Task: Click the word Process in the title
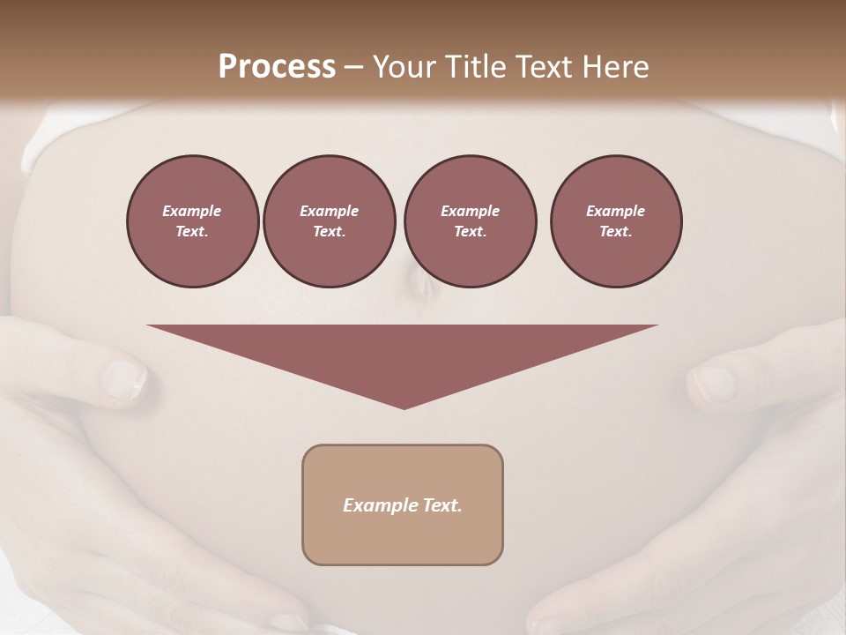coord(277,67)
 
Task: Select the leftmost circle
coord(192,220)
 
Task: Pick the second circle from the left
coord(329,220)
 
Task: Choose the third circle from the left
coord(470,220)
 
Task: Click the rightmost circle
coord(615,220)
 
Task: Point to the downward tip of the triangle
coord(404,407)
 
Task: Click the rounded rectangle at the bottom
coord(403,538)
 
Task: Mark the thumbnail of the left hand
coord(123,379)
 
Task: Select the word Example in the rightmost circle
coord(615,211)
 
